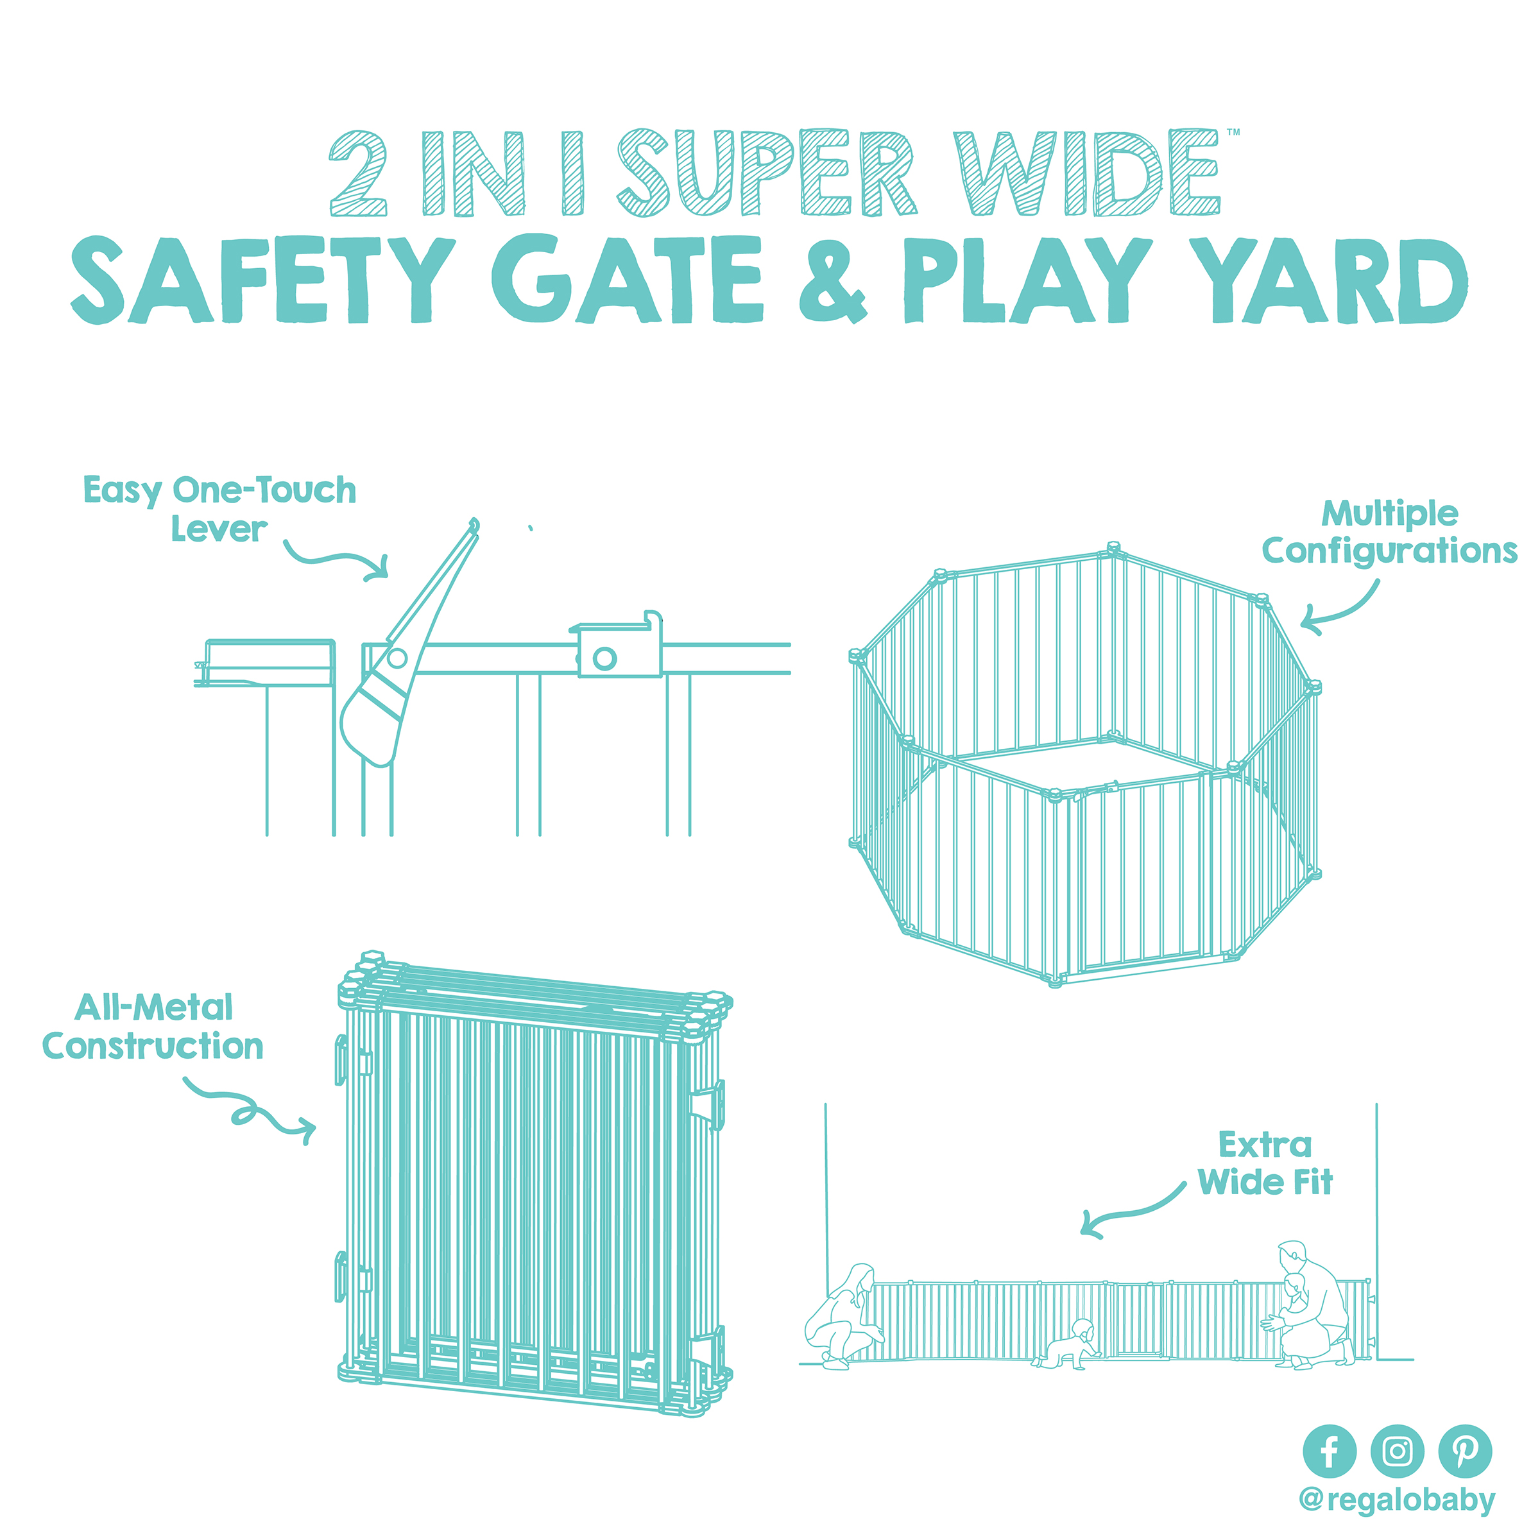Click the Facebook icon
1329,1451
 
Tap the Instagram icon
1396,1451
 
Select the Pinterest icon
1464,1451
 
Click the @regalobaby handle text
1396,1500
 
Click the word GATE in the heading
628,279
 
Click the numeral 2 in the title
359,174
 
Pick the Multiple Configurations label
1389,533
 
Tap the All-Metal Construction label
153,1027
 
